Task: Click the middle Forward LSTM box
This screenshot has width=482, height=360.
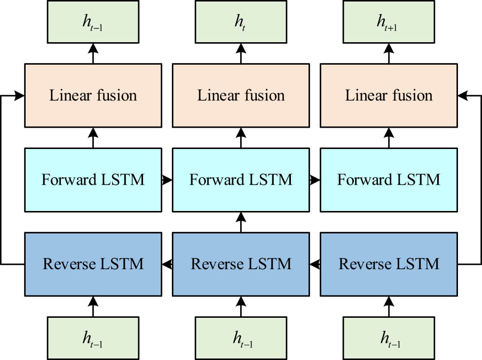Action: pos(241,179)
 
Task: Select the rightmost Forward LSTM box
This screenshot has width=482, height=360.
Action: pos(389,179)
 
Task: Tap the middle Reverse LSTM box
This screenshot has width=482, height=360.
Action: pos(241,264)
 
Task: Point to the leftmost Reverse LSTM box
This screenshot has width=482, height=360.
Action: pos(93,264)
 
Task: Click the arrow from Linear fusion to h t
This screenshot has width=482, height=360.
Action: pos(241,53)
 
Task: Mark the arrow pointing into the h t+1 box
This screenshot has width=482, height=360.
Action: pos(389,53)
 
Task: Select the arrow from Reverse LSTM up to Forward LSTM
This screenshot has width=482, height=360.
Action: pos(241,221)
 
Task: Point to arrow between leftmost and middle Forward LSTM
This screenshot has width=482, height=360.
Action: pos(167,180)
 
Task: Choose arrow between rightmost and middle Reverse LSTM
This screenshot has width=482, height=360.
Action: pos(315,263)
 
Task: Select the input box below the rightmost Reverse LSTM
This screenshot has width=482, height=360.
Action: pos(389,338)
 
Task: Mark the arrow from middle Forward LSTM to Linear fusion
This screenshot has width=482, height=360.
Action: pos(241,138)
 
